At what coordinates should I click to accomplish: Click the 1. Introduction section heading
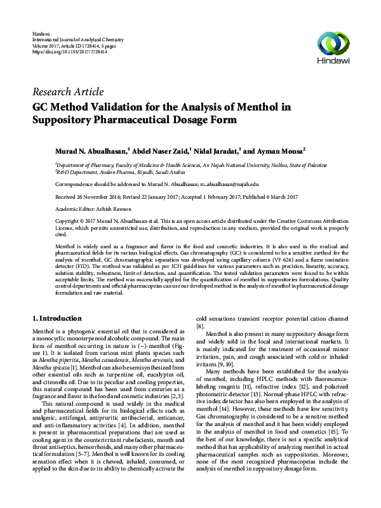click(x=57, y=317)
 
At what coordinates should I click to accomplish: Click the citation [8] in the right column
click(x=200, y=326)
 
